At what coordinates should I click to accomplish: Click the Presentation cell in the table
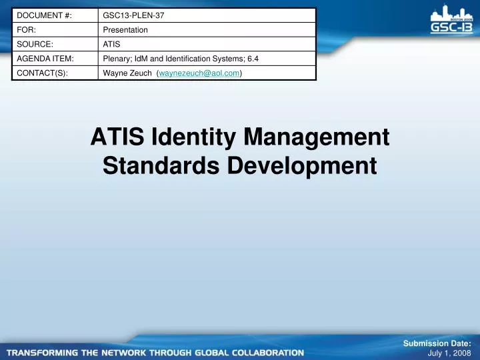click(125, 30)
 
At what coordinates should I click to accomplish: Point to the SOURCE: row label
click(33, 45)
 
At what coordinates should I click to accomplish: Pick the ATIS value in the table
click(111, 45)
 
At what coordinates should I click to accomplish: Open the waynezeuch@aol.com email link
click(199, 73)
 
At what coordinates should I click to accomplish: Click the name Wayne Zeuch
click(127, 73)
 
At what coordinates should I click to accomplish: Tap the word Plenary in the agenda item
click(116, 59)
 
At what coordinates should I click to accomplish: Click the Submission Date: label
click(437, 343)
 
